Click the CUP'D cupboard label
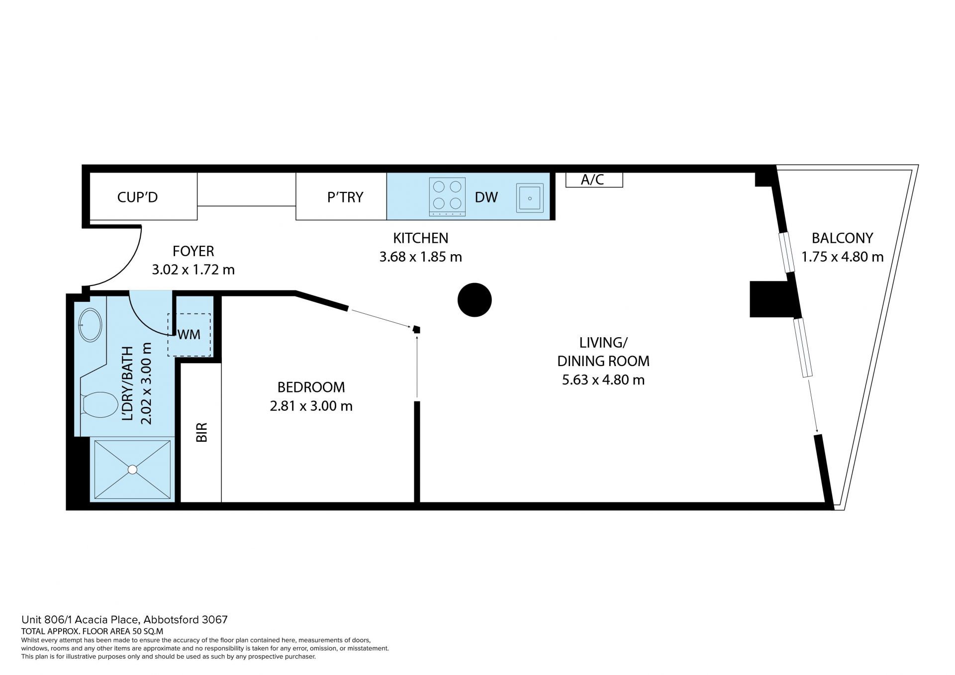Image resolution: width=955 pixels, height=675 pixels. point(137,197)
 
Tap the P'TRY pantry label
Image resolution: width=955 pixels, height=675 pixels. point(345,197)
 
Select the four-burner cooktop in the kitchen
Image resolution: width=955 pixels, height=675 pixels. point(447,197)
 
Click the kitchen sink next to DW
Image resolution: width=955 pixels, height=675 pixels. point(530,198)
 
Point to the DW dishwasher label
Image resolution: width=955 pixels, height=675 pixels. point(486,197)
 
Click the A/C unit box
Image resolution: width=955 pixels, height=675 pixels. point(594,180)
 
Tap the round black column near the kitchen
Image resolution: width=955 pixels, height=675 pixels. point(475,300)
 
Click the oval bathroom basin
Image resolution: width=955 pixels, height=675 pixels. point(90,325)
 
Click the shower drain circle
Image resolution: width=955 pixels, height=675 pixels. point(132,469)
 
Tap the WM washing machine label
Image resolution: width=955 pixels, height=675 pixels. point(189,335)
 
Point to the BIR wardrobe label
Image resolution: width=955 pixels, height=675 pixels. point(201,432)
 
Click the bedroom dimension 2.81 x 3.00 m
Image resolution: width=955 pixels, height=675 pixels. point(311,406)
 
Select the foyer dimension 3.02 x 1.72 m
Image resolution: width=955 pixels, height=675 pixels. point(193,270)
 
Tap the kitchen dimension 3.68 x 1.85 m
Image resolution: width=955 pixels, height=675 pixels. point(421,257)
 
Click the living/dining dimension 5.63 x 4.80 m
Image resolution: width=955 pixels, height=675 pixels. point(603,381)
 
